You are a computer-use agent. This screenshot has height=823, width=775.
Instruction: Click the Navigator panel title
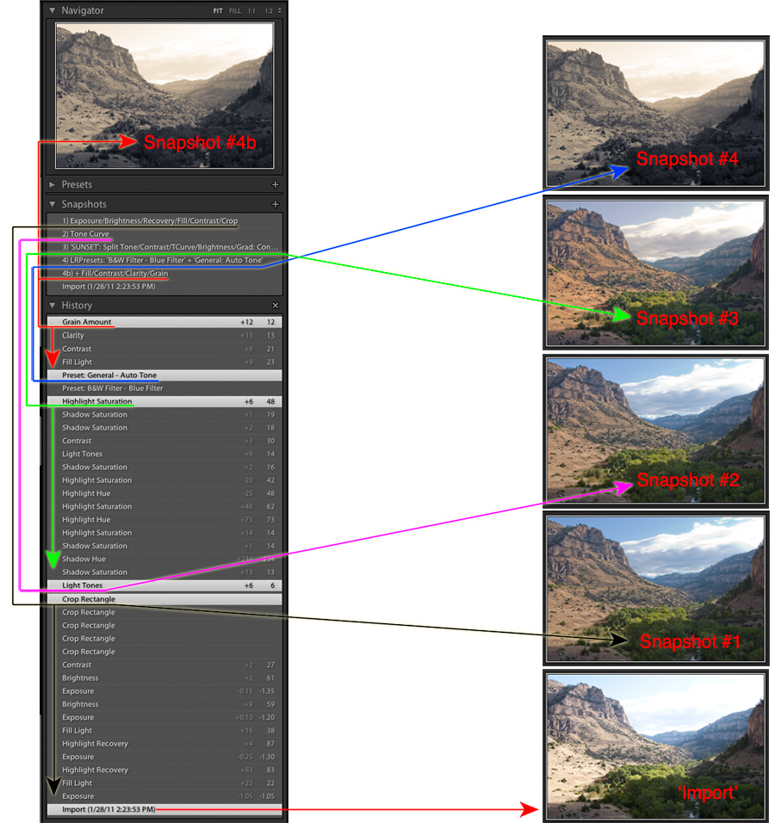[83, 10]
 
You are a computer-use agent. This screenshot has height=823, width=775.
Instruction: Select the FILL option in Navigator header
[235, 11]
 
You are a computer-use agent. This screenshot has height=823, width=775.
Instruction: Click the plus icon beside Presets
[276, 184]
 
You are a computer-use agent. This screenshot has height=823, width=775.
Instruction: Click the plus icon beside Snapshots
[276, 204]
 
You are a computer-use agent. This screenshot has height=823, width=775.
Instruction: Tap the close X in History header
[276, 306]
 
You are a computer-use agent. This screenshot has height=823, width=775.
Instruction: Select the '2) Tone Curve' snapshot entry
[85, 234]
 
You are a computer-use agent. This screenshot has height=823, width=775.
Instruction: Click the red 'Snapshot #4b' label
[200, 143]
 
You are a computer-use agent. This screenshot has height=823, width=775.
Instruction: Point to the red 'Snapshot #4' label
[687, 158]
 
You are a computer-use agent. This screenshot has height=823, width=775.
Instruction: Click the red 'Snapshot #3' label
[687, 319]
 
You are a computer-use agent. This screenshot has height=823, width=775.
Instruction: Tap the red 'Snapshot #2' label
[687, 480]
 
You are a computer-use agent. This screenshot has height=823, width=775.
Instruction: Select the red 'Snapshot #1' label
[689, 641]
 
